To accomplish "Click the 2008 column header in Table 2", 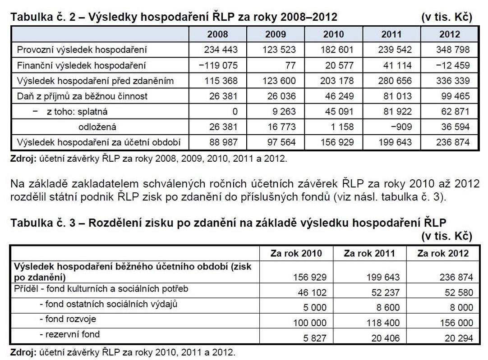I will point(217,34).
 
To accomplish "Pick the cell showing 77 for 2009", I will point(290,65).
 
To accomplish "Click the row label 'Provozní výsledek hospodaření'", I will point(82,50).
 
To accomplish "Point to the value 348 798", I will point(450,50).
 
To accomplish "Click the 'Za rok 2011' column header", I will point(369,253).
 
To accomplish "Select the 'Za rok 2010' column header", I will point(296,253).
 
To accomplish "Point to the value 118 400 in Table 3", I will point(381,323).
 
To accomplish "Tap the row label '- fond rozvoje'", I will point(68,319).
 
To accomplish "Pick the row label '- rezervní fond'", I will point(69,335).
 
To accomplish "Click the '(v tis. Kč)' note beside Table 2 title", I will point(447,18).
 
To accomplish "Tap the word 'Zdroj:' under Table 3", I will point(23,352).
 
